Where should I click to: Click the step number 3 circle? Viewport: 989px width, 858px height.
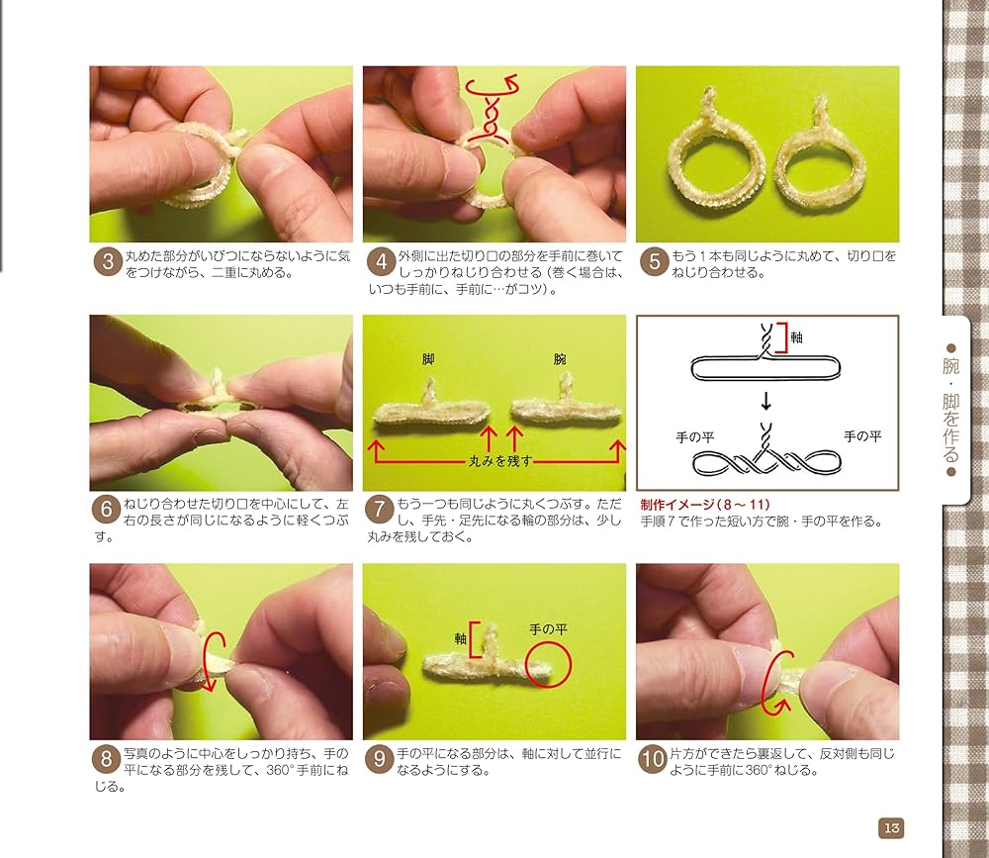[108, 261]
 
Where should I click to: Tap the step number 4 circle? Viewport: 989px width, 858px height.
[381, 261]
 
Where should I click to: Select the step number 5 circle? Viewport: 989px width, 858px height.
[654, 261]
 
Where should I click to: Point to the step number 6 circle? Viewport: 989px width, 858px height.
[107, 509]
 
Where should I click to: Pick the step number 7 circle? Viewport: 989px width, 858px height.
[379, 509]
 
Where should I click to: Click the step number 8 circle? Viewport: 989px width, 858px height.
[107, 758]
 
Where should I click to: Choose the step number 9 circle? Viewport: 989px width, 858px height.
[379, 758]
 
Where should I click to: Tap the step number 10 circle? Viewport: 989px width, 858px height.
[653, 758]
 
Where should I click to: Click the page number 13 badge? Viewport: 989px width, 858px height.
[891, 827]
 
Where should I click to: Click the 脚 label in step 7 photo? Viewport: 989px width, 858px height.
[428, 359]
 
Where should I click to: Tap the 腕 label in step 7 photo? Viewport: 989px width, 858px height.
[559, 359]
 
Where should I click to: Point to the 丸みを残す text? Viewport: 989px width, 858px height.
[500, 461]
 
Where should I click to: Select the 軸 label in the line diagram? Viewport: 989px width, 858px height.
[796, 337]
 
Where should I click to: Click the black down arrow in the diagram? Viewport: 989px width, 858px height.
[765, 400]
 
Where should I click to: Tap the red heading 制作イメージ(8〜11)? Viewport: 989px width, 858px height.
[705, 505]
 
